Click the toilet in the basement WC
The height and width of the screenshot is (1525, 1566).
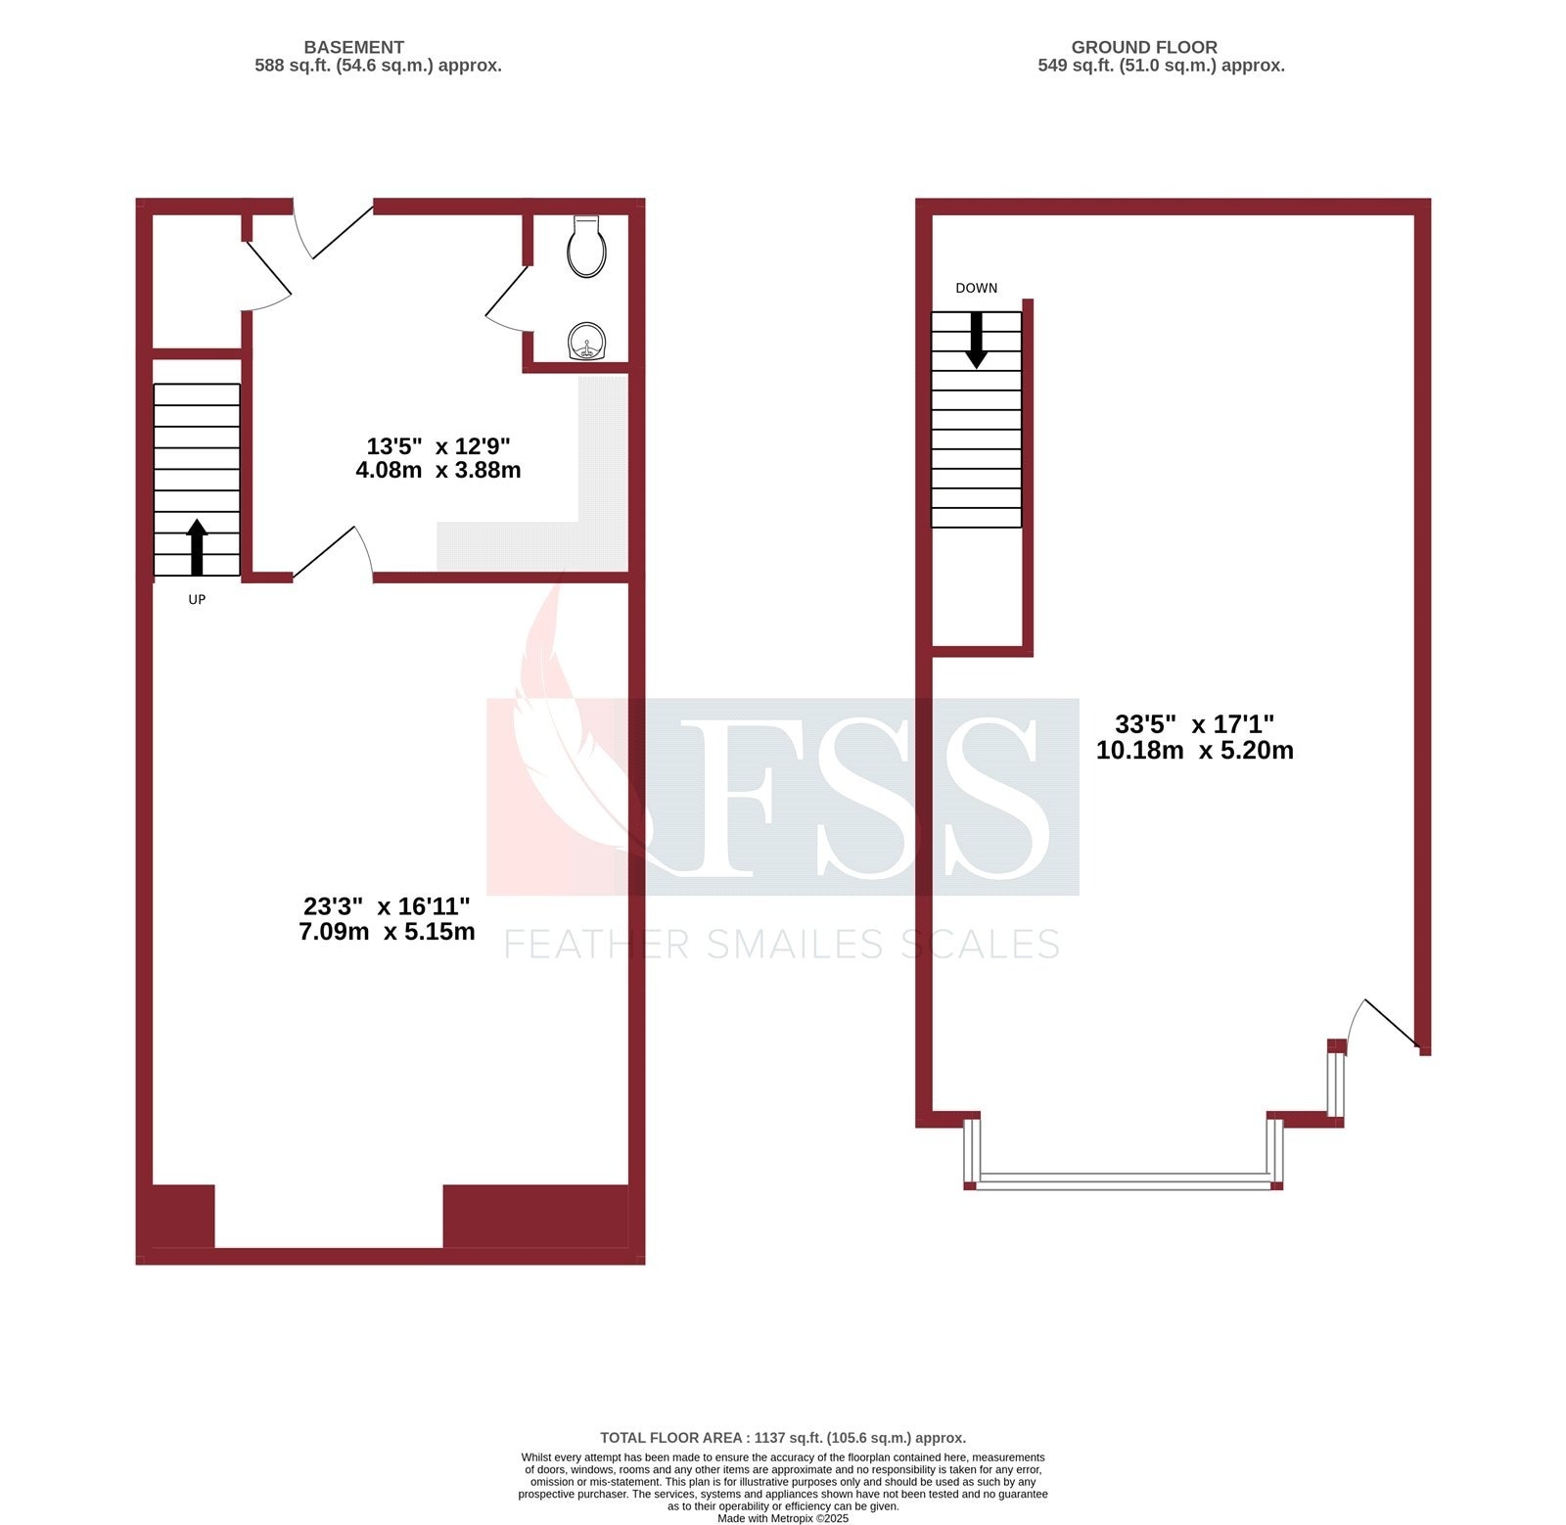point(586,247)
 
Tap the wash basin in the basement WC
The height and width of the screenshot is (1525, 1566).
point(587,343)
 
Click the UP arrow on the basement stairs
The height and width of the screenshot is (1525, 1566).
point(197,546)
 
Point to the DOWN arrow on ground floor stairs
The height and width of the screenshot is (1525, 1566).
point(976,340)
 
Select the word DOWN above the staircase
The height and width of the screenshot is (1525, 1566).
point(976,288)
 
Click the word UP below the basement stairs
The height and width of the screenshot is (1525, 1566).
point(197,599)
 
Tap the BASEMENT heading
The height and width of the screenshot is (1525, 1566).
point(353,47)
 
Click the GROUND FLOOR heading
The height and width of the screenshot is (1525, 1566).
point(1143,47)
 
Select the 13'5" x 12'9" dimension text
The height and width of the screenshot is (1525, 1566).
point(438,446)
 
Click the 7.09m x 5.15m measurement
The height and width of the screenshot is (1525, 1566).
point(387,931)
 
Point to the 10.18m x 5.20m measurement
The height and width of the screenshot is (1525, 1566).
point(1194,751)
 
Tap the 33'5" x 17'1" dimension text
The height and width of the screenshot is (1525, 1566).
point(1194,724)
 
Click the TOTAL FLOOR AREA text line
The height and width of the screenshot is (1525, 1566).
point(782,1438)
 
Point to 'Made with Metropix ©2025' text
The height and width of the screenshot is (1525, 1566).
point(782,1518)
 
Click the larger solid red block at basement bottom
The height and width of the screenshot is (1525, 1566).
point(535,1216)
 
